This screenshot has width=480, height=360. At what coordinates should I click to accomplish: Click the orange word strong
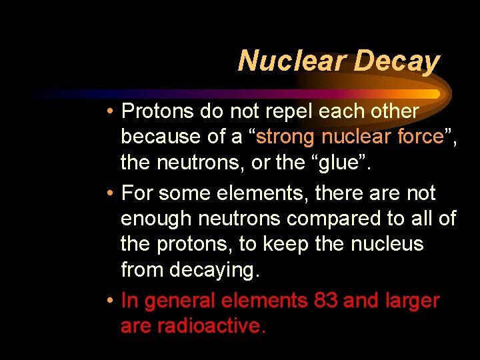click(286, 137)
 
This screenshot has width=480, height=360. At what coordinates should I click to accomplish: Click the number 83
click(325, 301)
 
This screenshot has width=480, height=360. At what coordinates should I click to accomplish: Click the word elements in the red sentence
click(263, 301)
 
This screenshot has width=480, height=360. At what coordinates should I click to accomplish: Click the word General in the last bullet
click(177, 301)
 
